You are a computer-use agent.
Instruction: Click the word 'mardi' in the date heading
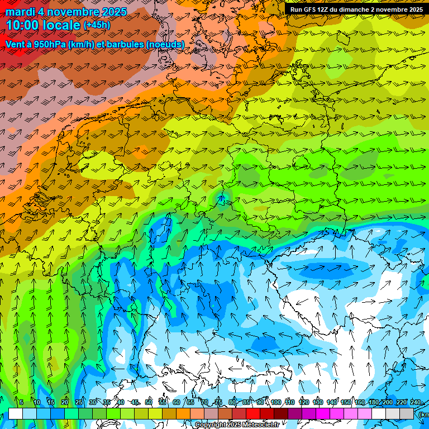tap(20, 12)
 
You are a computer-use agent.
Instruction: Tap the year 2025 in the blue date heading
tap(111, 12)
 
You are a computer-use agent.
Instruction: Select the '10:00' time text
tap(25, 26)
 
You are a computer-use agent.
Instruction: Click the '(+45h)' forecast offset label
tap(97, 25)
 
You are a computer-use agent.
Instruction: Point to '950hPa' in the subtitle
tap(49, 44)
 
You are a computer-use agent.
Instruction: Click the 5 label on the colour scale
tap(21, 402)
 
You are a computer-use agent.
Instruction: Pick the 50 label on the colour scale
tap(149, 402)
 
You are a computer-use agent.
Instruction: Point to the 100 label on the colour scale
tap(276, 402)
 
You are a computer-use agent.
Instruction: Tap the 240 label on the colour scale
tap(416, 402)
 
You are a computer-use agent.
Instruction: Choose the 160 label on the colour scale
tap(360, 402)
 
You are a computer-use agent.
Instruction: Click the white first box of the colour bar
tap(16, 413)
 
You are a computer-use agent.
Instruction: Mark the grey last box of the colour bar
tap(407, 413)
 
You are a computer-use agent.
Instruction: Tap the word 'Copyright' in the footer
tap(211, 425)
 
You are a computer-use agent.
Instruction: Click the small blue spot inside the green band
tap(222, 197)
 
